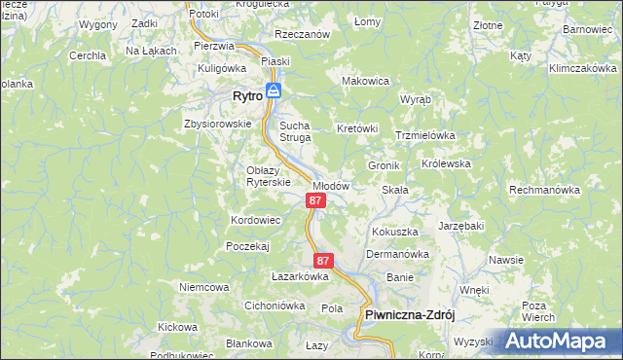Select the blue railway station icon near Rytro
tap(275, 91)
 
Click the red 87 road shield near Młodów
tap(314, 200)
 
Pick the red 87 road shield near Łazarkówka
tap(324, 261)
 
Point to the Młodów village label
tap(330, 185)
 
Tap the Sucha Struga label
tap(295, 131)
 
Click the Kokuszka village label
tap(395, 232)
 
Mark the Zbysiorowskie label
tap(217, 124)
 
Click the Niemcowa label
tap(203, 287)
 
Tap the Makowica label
tap(366, 81)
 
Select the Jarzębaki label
tap(461, 225)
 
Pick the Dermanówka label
tap(397, 254)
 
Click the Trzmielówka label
tap(425, 135)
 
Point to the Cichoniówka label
tap(275, 306)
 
